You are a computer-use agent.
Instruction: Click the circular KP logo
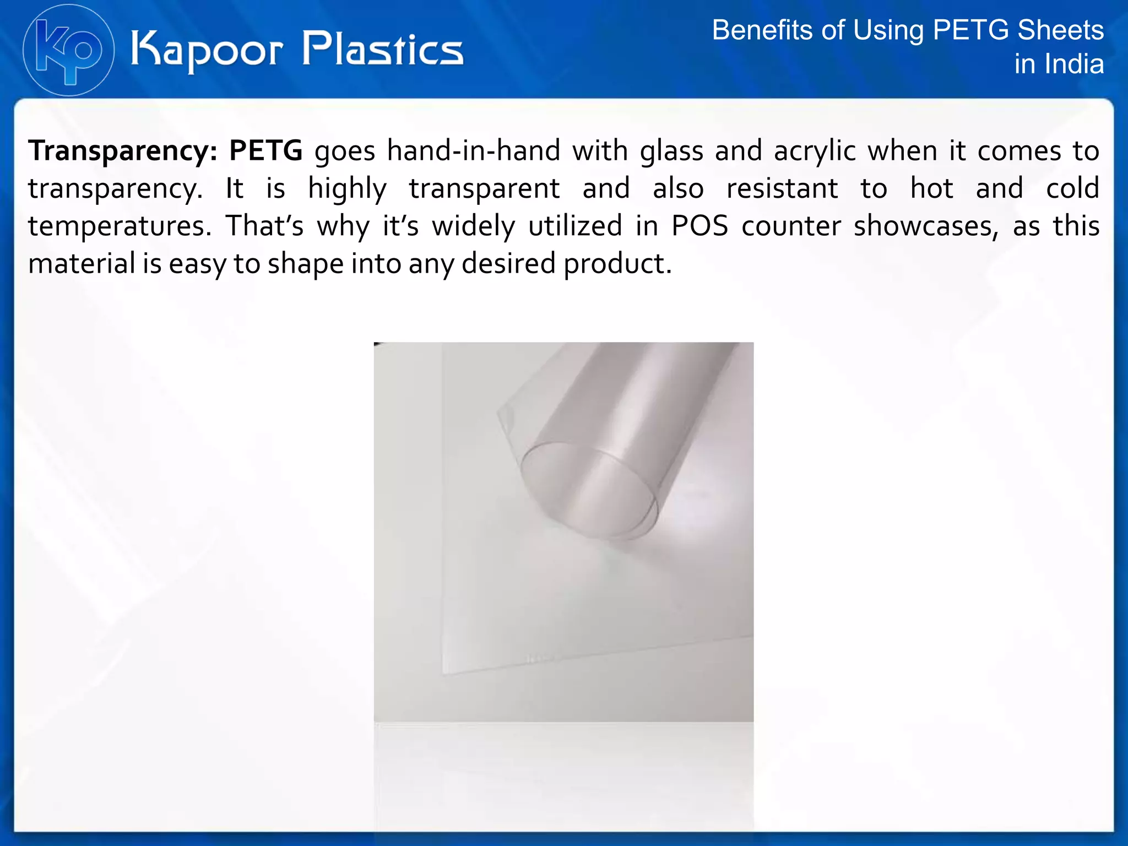[x=68, y=50]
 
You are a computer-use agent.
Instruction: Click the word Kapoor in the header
[x=207, y=50]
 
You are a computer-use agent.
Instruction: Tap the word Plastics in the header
[x=383, y=49]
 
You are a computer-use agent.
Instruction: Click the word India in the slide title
[x=1076, y=64]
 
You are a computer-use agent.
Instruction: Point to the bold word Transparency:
[x=123, y=150]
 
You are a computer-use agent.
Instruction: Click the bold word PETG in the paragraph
[x=265, y=150]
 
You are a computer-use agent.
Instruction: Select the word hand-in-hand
[x=473, y=150]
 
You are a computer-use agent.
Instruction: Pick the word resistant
[x=782, y=188]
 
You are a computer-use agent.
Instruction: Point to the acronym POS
[x=699, y=226]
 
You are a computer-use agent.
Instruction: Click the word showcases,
[x=926, y=226]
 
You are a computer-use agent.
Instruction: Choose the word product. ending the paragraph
[x=617, y=264]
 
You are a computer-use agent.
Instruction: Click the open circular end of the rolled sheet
[x=589, y=490]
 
